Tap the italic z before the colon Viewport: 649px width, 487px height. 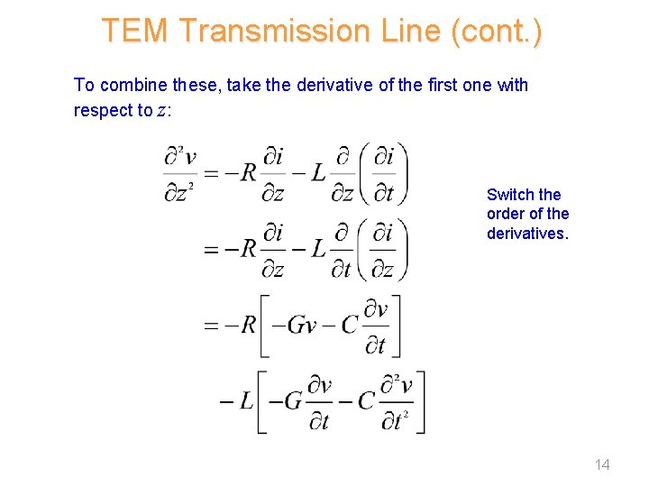coord(161,111)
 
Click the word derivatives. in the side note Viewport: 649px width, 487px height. coord(527,234)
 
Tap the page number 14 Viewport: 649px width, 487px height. coord(602,464)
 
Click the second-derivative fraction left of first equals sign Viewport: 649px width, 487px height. coord(180,173)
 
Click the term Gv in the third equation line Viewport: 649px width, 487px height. coord(299,325)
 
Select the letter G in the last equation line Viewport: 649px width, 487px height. coord(293,400)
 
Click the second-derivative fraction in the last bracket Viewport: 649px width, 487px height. coord(397,400)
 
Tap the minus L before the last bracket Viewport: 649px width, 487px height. coord(236,401)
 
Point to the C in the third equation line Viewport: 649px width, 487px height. coord(351,325)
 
